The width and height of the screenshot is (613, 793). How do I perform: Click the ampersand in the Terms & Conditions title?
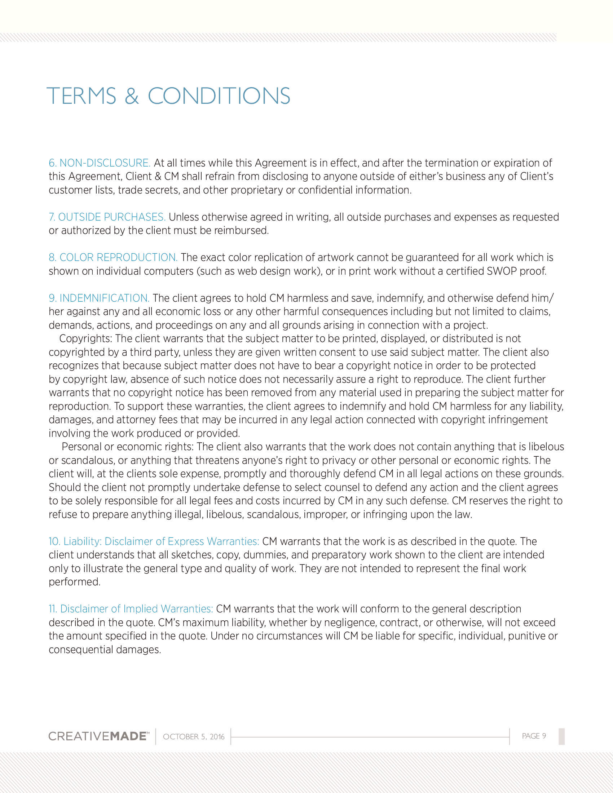(x=132, y=96)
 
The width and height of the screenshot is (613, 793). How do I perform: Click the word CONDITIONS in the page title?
(x=219, y=96)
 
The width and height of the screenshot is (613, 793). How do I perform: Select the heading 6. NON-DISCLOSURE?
(x=100, y=163)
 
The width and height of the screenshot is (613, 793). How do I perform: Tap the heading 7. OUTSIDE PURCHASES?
(x=107, y=217)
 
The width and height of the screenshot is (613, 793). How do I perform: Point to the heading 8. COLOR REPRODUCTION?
(x=113, y=257)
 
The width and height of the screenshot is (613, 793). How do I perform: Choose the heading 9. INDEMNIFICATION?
(x=99, y=298)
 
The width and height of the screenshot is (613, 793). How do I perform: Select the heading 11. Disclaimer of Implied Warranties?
(x=131, y=609)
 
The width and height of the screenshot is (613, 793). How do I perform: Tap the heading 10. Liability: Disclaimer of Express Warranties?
(x=154, y=541)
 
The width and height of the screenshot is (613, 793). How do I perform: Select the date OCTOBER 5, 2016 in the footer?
(x=194, y=737)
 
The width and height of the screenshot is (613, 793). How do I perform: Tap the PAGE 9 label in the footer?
(x=534, y=736)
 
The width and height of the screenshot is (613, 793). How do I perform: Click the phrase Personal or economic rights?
(x=128, y=447)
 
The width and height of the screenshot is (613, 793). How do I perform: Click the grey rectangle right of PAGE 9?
(x=561, y=736)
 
